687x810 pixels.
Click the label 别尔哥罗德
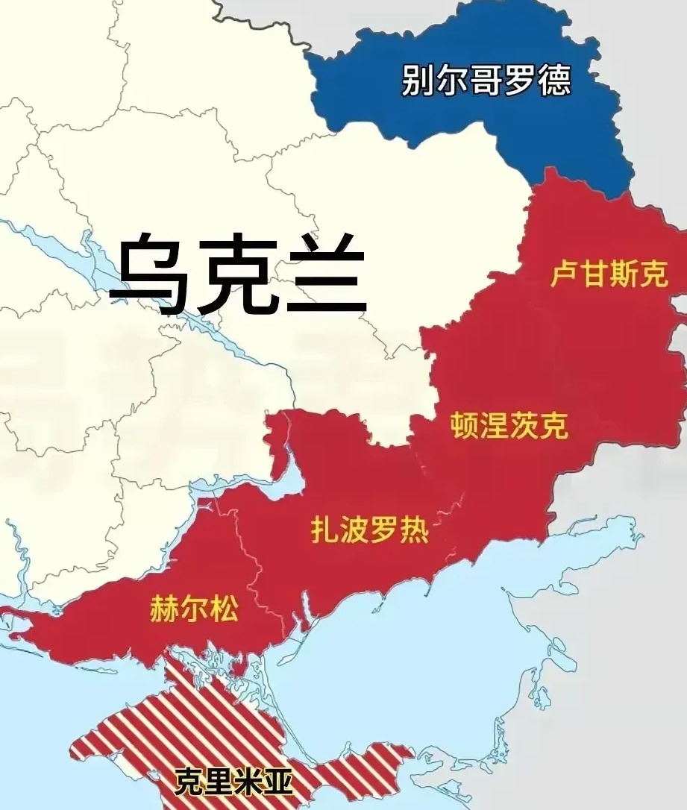(x=486, y=81)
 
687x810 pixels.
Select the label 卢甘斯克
(x=608, y=277)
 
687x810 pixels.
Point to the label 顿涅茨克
(x=509, y=427)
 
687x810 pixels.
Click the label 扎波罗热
(x=369, y=530)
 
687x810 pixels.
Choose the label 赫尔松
(x=194, y=609)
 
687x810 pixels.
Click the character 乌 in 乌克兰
(x=149, y=274)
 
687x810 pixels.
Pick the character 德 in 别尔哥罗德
(x=553, y=81)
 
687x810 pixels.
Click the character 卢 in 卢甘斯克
(x=564, y=277)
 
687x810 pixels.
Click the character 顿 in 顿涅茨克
(x=465, y=427)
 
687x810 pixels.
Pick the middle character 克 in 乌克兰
(x=237, y=274)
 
